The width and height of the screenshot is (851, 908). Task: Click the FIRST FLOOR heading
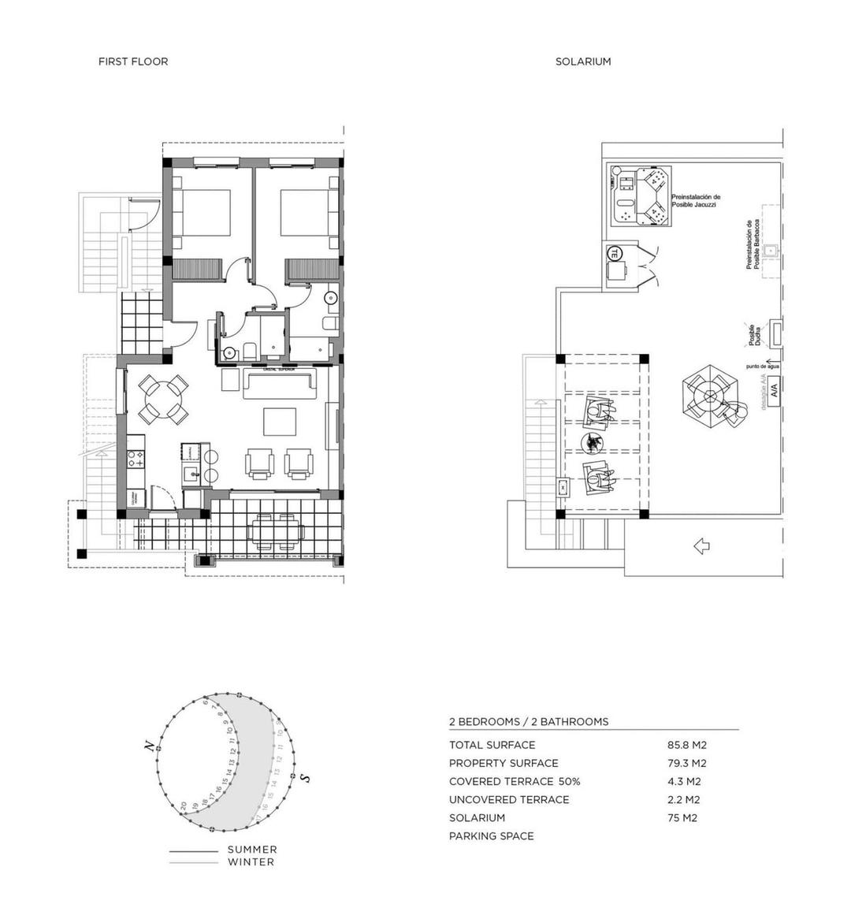pyautogui.click(x=132, y=61)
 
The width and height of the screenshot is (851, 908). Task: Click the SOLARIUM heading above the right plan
pyautogui.click(x=582, y=61)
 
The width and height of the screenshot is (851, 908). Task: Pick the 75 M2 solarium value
pyautogui.click(x=682, y=818)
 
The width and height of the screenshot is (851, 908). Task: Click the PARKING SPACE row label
pyautogui.click(x=491, y=836)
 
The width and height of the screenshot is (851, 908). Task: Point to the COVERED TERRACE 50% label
pyautogui.click(x=514, y=782)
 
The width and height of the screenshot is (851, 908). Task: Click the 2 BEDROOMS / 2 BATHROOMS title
pyautogui.click(x=528, y=721)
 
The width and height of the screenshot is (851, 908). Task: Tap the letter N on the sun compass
pyautogui.click(x=147, y=746)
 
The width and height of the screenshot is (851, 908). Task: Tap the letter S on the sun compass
pyautogui.click(x=305, y=778)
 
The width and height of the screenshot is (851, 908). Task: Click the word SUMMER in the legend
pyautogui.click(x=252, y=850)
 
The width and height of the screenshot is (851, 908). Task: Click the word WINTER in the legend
pyautogui.click(x=251, y=862)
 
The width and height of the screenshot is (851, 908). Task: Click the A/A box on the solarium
pyautogui.click(x=773, y=389)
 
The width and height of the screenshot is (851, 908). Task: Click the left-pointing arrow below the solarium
pyautogui.click(x=700, y=545)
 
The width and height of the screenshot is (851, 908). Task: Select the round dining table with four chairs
pyautogui.click(x=162, y=400)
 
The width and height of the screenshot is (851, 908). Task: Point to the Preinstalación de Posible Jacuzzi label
pyautogui.click(x=695, y=201)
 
